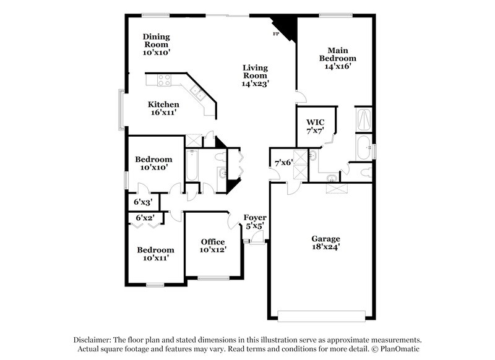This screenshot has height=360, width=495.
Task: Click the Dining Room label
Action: coord(156,44)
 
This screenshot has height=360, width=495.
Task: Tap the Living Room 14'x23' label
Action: coord(255,75)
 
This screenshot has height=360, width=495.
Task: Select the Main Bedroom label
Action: coord(337,58)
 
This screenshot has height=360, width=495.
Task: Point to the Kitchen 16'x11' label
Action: coord(163,109)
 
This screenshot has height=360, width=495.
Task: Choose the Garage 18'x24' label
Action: coord(325,242)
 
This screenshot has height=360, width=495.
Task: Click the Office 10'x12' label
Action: coord(213,246)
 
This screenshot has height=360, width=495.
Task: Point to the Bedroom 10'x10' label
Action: coord(153,163)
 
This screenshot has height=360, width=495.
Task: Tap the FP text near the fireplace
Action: coord(276,33)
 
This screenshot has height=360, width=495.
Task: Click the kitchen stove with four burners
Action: coord(165,80)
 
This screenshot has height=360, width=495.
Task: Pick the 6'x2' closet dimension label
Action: coord(144,218)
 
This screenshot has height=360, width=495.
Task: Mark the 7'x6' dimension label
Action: coord(283,163)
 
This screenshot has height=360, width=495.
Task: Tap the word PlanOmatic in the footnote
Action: coord(401,349)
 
